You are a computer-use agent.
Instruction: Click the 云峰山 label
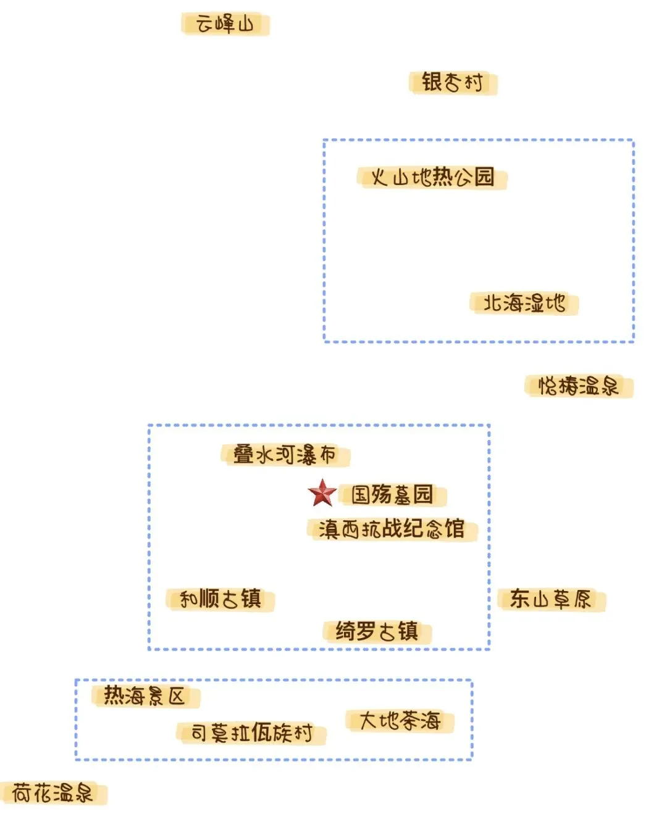[x=225, y=25]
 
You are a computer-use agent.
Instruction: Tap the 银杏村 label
[x=453, y=82]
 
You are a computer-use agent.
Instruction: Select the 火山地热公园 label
[x=432, y=178]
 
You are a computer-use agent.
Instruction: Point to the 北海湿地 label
[x=524, y=303]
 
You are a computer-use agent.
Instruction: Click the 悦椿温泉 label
[x=579, y=386]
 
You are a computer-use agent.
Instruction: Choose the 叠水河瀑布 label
[x=285, y=455]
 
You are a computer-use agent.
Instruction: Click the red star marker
[x=322, y=493]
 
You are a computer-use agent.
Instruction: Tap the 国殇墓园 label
[x=392, y=494]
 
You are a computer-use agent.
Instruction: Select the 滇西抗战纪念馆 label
[x=392, y=529]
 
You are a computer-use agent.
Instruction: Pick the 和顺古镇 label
[x=220, y=599]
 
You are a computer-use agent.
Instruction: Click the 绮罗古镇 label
[x=377, y=631]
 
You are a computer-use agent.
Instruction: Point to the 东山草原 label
[x=551, y=599]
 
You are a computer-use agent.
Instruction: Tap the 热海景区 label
[x=145, y=696]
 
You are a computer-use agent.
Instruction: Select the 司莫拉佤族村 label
[x=251, y=733]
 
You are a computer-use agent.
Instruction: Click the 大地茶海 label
[x=400, y=721]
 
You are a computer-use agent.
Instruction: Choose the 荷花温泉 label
[x=52, y=793]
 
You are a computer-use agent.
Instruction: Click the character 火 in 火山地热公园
[x=379, y=178]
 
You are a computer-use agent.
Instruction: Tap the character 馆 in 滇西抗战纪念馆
[x=455, y=529]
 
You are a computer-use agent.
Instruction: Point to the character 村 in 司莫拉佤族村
[x=303, y=733]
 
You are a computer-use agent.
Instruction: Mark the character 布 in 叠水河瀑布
[x=328, y=455]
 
